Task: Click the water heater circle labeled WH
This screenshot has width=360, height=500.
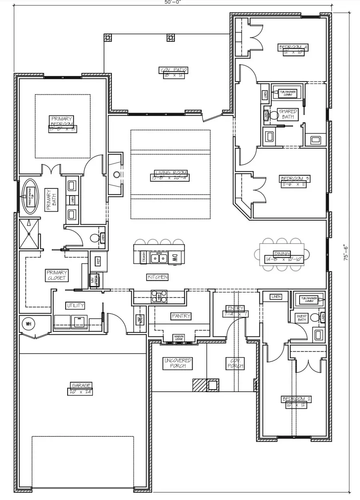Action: tap(28, 324)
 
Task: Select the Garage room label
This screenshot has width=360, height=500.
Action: tap(81, 385)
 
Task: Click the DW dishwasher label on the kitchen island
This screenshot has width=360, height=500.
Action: tap(175, 258)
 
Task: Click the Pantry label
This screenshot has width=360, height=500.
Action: tap(181, 316)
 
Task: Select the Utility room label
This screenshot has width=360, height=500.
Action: tap(75, 306)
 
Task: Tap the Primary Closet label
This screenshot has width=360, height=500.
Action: tap(56, 275)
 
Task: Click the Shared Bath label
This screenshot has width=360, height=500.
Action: tap(287, 114)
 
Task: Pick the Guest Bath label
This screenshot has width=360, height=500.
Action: tap(301, 318)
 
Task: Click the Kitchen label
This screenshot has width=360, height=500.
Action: tap(158, 277)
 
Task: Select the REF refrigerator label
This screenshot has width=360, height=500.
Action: tap(98, 261)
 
